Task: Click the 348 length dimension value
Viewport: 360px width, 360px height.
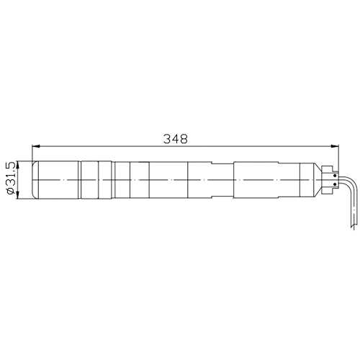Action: point(176,139)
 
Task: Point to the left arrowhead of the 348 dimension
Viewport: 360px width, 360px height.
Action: point(36,146)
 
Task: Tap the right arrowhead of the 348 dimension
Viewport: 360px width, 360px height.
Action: point(335,146)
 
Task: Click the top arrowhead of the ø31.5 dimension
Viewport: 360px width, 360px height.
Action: point(17,165)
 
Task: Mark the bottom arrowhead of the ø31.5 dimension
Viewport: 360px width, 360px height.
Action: point(17,195)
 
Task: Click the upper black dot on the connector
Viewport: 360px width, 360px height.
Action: point(335,176)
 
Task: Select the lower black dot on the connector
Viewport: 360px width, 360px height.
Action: point(335,184)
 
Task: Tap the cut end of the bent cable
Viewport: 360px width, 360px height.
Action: point(352,227)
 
